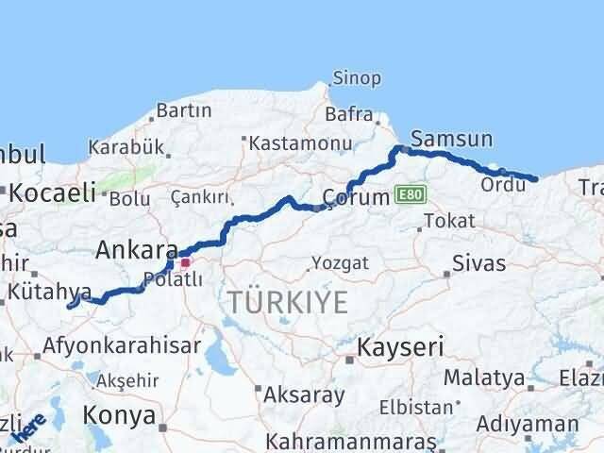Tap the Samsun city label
point(452,140)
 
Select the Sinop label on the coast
point(357,78)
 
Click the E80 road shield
point(411,194)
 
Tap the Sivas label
point(478,263)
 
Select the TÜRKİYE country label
point(287,302)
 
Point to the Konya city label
point(119,414)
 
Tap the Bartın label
point(184,110)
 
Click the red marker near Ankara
point(186,262)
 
